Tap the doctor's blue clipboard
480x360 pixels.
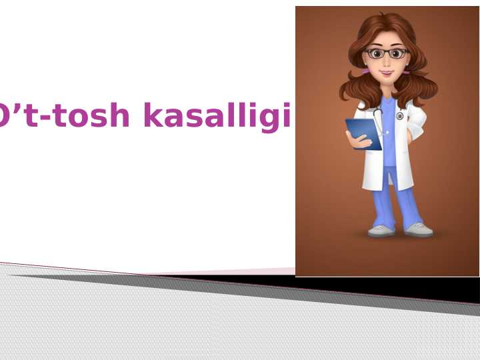click(363, 133)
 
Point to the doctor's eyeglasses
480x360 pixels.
click(386, 53)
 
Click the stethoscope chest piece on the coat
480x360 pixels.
click(399, 115)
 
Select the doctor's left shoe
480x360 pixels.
click(419, 230)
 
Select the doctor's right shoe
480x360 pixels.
click(382, 231)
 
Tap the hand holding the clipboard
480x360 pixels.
click(351, 137)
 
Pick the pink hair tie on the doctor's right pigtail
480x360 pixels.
click(365, 69)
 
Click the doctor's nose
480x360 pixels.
click(387, 61)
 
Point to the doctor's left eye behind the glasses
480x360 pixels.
click(398, 53)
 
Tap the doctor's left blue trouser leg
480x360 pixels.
click(408, 200)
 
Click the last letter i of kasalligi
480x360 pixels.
click(286, 116)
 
